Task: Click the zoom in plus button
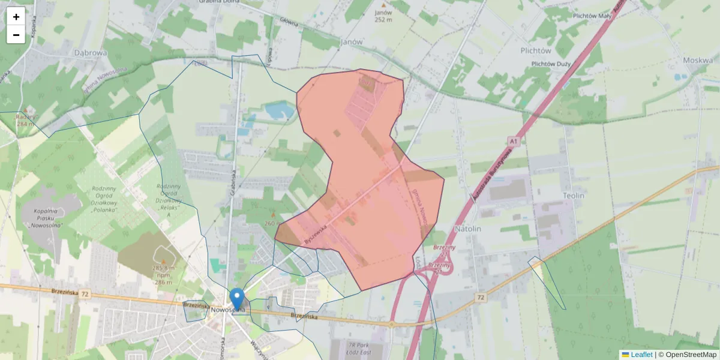[x=16, y=16]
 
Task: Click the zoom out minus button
[x=16, y=35]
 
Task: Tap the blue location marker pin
[x=237, y=298]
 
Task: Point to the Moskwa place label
[x=697, y=61]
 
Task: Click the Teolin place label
[x=574, y=196]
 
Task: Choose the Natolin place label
[x=468, y=229]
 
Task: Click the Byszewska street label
[x=315, y=233]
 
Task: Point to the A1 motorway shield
[x=513, y=141]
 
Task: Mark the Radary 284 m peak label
[x=26, y=120]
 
